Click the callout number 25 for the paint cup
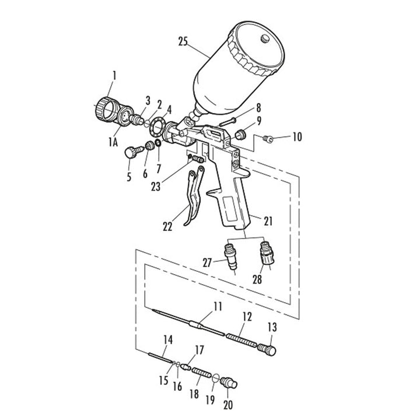click(183, 41)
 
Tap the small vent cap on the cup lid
click(265, 38)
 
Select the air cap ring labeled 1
click(106, 110)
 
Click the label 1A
click(113, 142)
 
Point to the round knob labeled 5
click(131, 153)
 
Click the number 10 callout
click(297, 136)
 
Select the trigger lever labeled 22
click(194, 197)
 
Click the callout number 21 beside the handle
click(268, 221)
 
